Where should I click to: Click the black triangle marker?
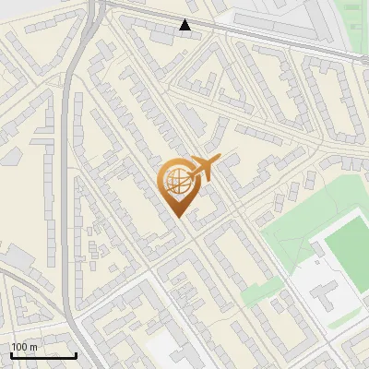[x=185, y=26]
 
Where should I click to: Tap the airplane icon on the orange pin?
[x=204, y=169]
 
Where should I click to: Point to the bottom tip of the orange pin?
[x=177, y=216]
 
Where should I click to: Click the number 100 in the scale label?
[x=18, y=347]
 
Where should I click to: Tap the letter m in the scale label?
[x=33, y=347]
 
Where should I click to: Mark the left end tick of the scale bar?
[x=11, y=353]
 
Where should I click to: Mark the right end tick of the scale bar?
[x=76, y=353]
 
